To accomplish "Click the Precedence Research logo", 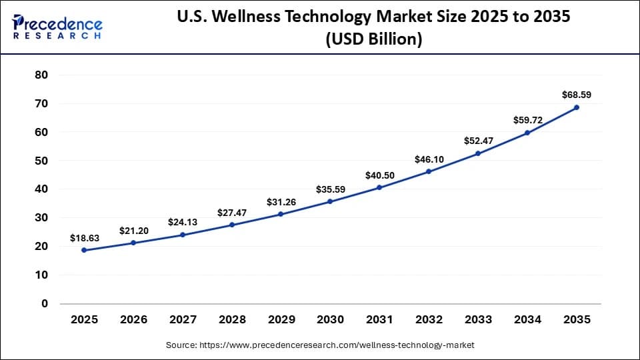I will pyautogui.click(x=57, y=27).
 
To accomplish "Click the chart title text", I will pyautogui.click(x=374, y=28).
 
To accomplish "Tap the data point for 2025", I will pyautogui.click(x=84, y=250).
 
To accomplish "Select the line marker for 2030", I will pyautogui.click(x=330, y=201).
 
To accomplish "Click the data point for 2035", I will pyautogui.click(x=577, y=107).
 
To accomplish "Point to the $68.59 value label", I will pyautogui.click(x=577, y=95).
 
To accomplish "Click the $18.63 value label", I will pyautogui.click(x=84, y=238).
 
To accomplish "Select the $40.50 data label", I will pyautogui.click(x=379, y=175).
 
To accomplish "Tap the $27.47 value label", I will pyautogui.click(x=231, y=213).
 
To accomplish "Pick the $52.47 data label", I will pyautogui.click(x=478, y=141).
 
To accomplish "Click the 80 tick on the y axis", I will pyautogui.click(x=41, y=75).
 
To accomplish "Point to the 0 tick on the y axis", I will pyautogui.click(x=45, y=303).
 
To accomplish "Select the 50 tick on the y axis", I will pyautogui.click(x=41, y=161).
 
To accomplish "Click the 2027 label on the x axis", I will pyautogui.click(x=182, y=320).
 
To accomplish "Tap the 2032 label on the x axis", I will pyautogui.click(x=429, y=320).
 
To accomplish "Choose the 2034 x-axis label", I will pyautogui.click(x=527, y=320).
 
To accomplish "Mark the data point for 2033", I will pyautogui.click(x=478, y=153).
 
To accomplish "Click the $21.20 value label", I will pyautogui.click(x=133, y=231).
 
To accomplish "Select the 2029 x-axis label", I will pyautogui.click(x=281, y=320).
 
